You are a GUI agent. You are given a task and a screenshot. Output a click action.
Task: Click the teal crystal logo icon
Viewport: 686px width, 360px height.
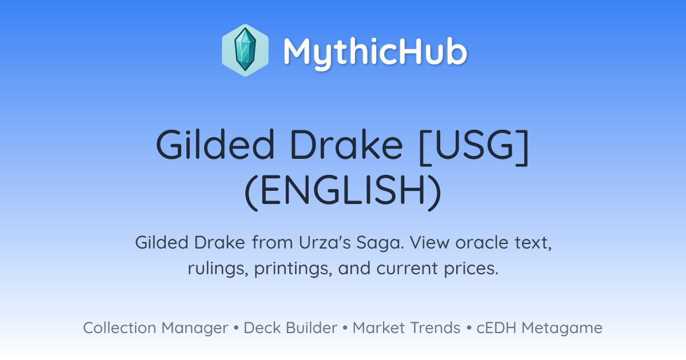245,50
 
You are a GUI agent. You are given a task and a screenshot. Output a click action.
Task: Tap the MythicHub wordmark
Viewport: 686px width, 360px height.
375,52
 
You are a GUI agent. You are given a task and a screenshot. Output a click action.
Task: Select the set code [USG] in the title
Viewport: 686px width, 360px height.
474,147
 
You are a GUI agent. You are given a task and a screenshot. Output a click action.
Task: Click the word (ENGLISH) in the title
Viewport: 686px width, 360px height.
343,192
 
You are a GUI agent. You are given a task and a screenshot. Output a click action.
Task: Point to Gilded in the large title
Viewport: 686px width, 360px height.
215,145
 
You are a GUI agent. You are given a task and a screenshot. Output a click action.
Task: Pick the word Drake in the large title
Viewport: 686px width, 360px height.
346,145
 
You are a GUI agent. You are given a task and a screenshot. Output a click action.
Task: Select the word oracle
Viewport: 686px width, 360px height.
482,243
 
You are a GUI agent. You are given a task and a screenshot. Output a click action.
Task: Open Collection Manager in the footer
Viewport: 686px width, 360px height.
155,328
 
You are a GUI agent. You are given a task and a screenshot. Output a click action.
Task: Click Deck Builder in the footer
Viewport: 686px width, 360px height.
290,328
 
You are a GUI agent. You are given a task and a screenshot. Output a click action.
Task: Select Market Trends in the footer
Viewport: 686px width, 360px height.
406,328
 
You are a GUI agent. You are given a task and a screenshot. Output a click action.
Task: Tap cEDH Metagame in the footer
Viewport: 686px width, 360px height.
539,328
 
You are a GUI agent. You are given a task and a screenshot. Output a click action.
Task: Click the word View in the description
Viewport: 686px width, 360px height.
430,243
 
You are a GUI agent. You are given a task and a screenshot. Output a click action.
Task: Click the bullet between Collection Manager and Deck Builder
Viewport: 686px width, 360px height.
236,328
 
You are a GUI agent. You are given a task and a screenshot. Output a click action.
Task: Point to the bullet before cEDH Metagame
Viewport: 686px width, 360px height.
468,328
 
